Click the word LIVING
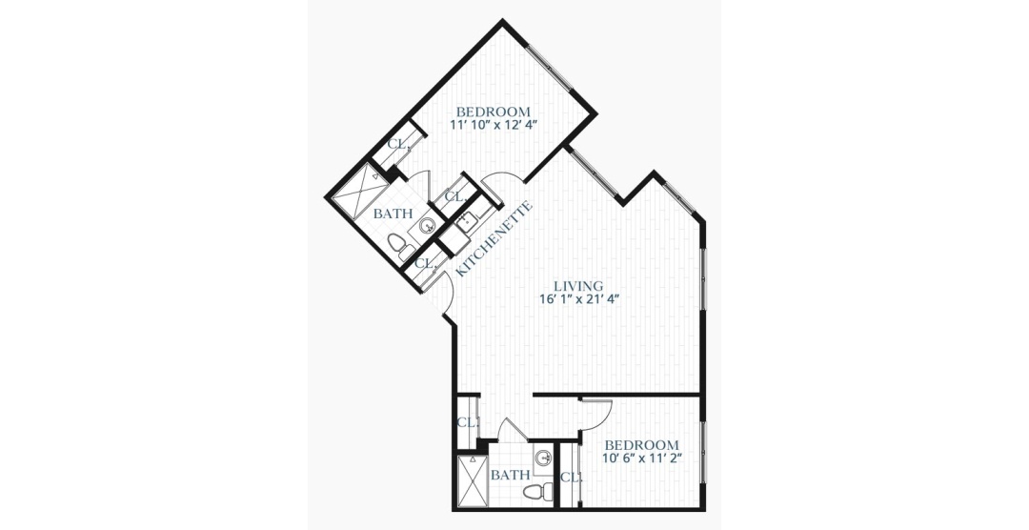[x=578, y=286]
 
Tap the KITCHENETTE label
[x=494, y=238]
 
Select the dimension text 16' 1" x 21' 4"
[x=579, y=299]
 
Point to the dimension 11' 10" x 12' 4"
[x=490, y=126]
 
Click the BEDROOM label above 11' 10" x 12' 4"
[x=493, y=112]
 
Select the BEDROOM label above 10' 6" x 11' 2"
[x=642, y=445]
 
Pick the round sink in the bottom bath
[x=543, y=459]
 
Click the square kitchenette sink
[x=467, y=222]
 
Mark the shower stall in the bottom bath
[x=473, y=480]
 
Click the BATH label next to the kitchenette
[x=393, y=214]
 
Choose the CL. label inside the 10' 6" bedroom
[x=571, y=479]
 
